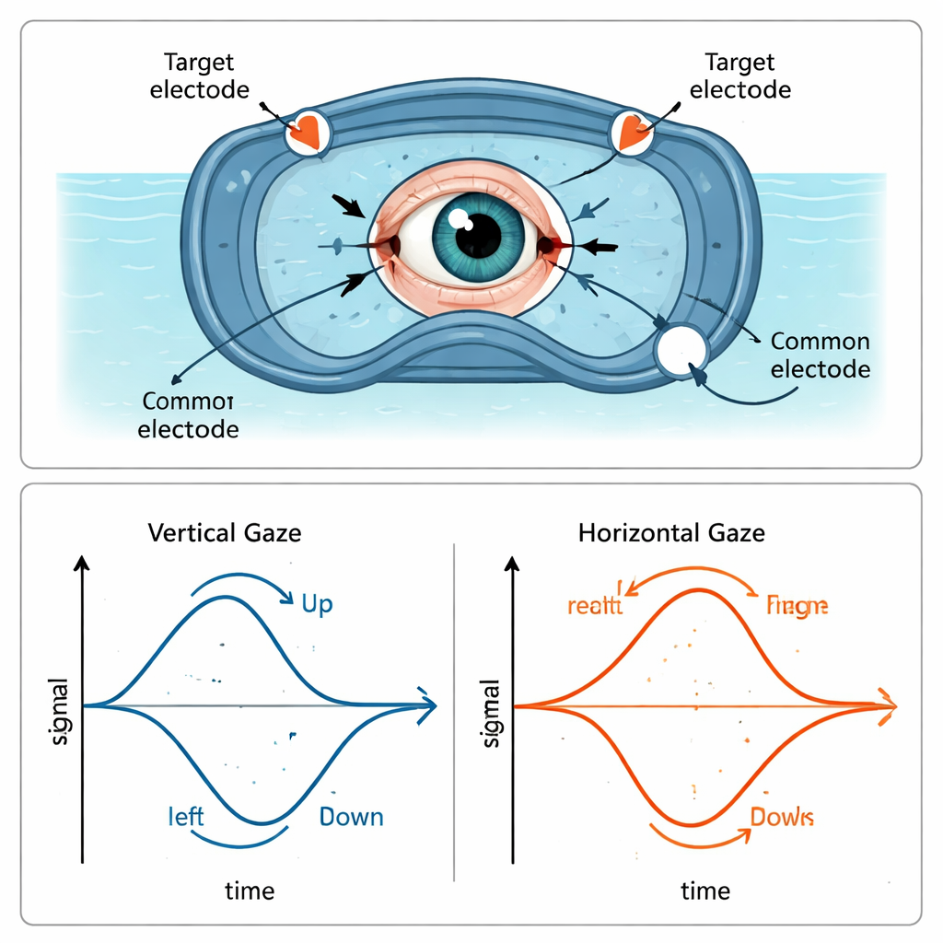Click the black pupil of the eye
click(x=477, y=234)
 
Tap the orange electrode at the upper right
click(x=633, y=131)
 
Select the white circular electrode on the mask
click(x=681, y=351)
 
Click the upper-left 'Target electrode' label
click(x=198, y=76)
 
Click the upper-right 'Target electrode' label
click(x=739, y=76)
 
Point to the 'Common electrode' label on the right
click(x=820, y=355)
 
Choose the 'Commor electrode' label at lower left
click(x=189, y=415)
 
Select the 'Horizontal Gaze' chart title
click(x=671, y=532)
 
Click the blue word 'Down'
click(x=351, y=817)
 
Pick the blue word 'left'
click(x=186, y=817)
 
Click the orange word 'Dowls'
click(x=782, y=816)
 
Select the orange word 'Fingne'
click(x=797, y=605)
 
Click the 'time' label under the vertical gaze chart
click(x=250, y=891)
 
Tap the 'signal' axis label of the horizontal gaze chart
click(x=490, y=714)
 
